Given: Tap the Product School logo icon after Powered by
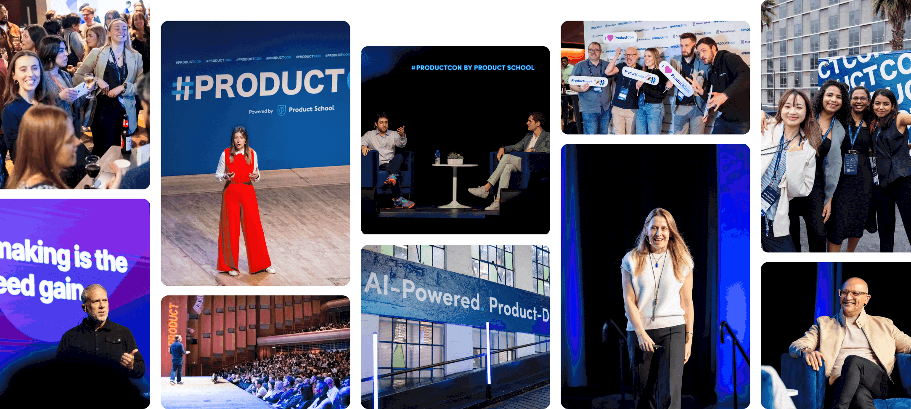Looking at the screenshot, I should pos(282,110).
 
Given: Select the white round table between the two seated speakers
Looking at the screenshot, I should pos(455,166).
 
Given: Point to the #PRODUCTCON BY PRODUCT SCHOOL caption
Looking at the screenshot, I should pos(473,67).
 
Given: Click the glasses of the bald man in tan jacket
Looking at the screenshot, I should pos(853,293).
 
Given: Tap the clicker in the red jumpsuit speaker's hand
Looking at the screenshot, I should pos(230,175).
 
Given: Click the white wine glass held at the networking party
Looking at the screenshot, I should pos(89,80).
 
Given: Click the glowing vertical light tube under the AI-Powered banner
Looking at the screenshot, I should pos(488,353).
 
